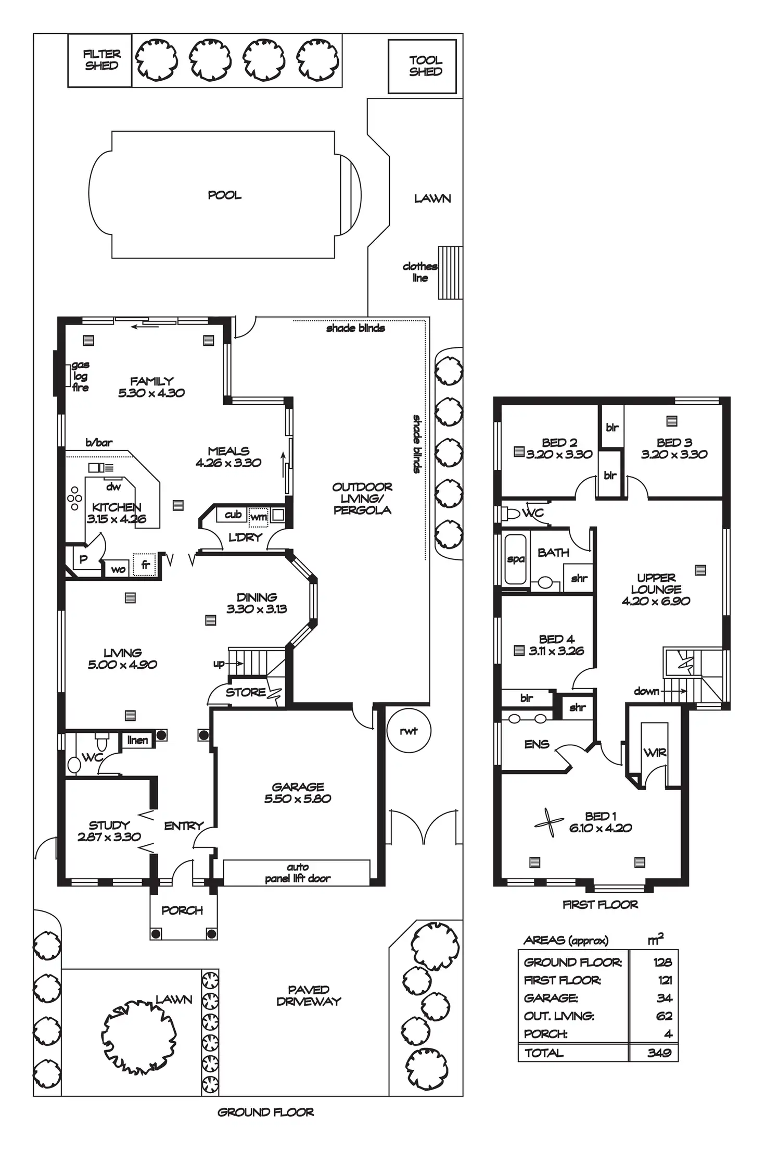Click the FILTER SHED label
click(101, 60)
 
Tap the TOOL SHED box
click(422, 66)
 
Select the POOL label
click(224, 195)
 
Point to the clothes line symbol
click(450, 272)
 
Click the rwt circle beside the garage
click(409, 731)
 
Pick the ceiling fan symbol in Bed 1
click(549, 822)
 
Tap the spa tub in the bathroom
click(515, 559)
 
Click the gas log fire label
click(80, 376)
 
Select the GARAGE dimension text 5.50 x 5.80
click(298, 798)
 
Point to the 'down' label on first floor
click(646, 691)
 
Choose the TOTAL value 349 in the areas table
click(659, 1053)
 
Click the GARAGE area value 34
click(664, 998)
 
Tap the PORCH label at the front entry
click(182, 910)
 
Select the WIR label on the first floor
click(655, 752)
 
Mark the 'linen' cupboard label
click(137, 740)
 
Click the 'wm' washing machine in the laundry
click(259, 517)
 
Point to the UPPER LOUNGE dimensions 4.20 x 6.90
click(656, 601)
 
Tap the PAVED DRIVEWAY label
click(309, 995)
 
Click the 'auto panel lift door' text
click(298, 873)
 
